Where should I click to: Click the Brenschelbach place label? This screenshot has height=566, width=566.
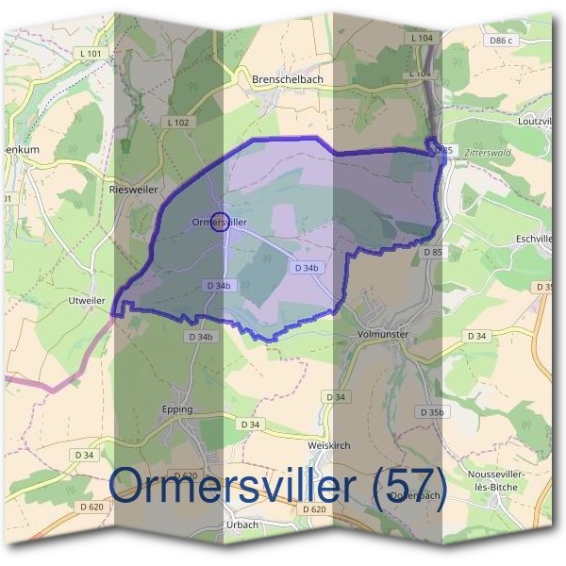click(287, 80)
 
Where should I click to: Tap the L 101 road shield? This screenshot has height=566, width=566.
click(92, 54)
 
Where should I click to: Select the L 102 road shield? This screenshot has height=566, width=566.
click(177, 123)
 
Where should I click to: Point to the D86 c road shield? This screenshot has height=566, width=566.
click(496, 41)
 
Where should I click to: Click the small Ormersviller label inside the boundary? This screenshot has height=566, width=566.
click(219, 222)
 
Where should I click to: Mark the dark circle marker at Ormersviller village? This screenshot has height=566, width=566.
click(220, 223)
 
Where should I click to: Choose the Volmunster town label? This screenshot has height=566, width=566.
click(382, 333)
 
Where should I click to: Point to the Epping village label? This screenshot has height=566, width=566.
click(176, 409)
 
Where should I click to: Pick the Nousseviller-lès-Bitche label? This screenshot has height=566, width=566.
click(496, 479)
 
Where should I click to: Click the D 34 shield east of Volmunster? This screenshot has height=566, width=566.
click(477, 336)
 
